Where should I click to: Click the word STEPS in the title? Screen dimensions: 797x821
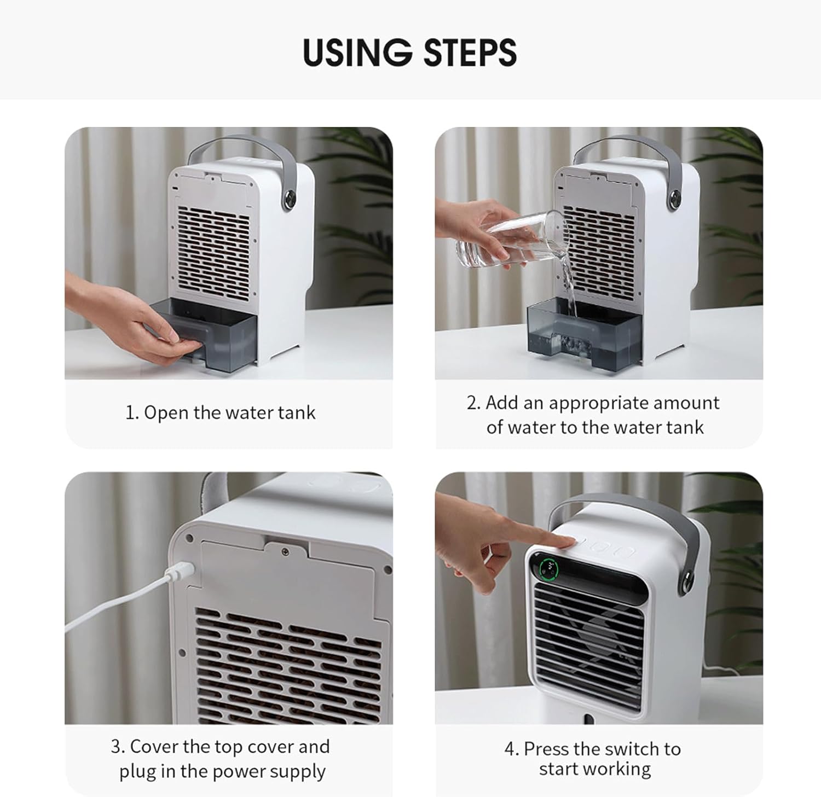click(x=470, y=53)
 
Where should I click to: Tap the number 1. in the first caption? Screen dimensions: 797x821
click(x=132, y=412)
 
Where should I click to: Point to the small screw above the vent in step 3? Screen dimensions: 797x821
click(x=285, y=551)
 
